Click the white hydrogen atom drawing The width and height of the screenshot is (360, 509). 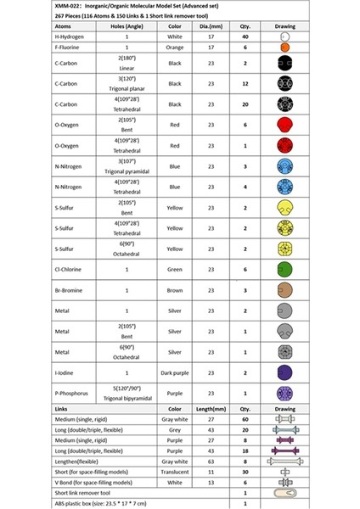click(284, 38)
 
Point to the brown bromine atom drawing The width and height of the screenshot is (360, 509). click(284, 290)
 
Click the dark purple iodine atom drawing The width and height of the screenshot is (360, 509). click(284, 372)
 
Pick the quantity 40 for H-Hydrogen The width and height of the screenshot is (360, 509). click(245, 38)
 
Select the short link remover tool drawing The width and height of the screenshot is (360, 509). click(284, 492)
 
